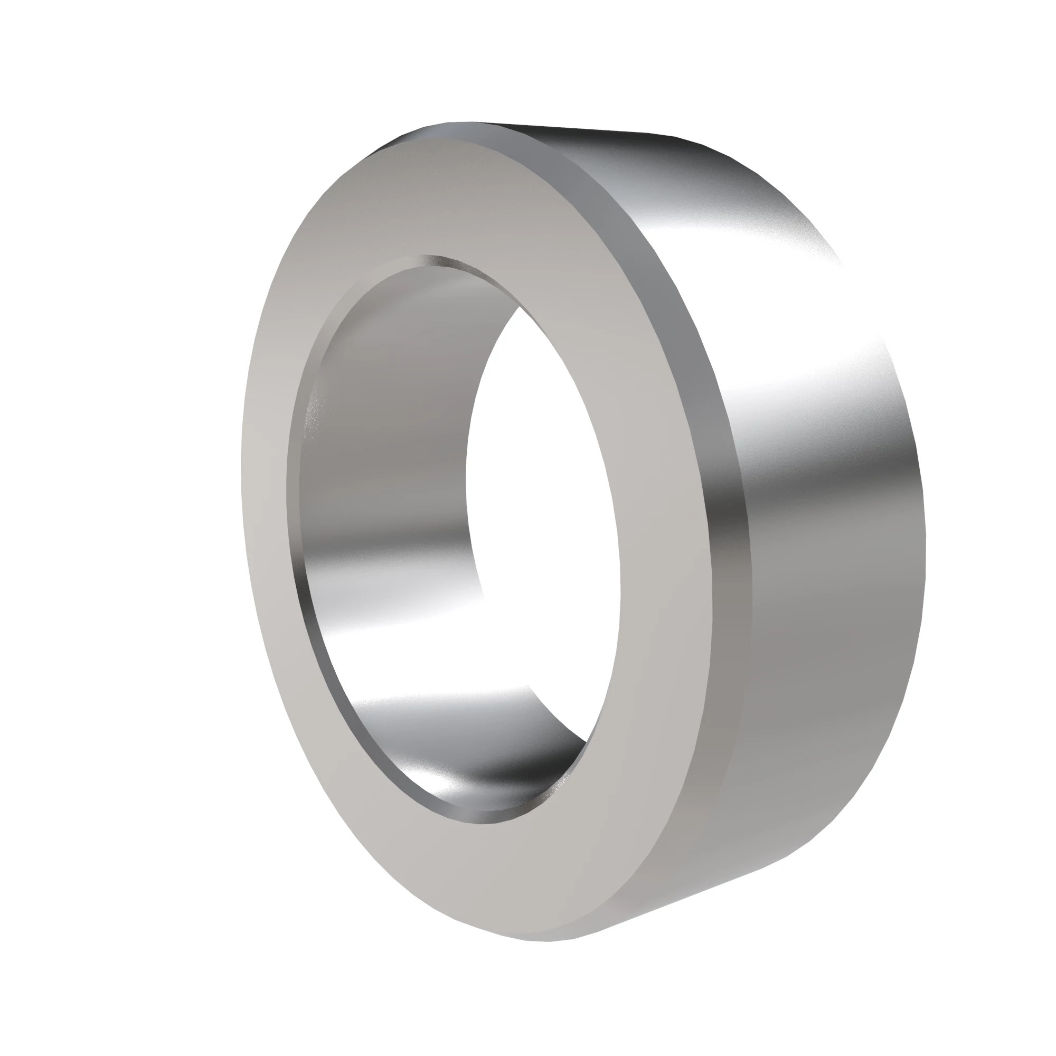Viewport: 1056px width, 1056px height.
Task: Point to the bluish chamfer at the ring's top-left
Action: (416, 134)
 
